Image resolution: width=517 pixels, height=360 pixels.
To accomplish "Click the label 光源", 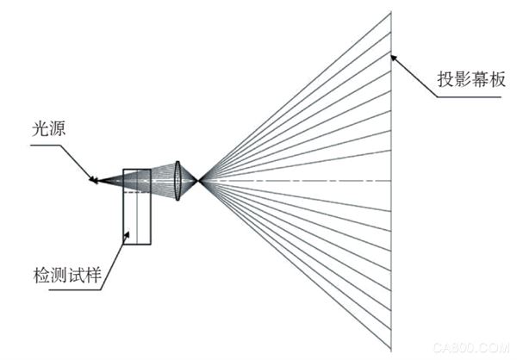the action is point(49,128).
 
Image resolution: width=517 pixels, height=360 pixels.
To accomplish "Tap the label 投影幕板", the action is point(471,79).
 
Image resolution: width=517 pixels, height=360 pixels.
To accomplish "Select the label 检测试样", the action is point(67,275).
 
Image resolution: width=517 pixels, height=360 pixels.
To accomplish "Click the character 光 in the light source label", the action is point(40,128).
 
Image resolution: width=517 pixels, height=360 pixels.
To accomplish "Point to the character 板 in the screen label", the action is point(497,79).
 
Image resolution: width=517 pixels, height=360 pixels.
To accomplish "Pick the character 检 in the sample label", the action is point(41,275).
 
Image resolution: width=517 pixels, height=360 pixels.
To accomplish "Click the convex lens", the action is point(178,181).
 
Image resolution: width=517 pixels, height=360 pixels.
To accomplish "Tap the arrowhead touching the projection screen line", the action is point(395,59).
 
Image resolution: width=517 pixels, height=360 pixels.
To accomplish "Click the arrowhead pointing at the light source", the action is point(93,179).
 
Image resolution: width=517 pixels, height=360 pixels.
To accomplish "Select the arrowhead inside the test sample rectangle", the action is point(127,236).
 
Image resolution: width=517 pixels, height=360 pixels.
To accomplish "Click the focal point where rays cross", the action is point(199,181).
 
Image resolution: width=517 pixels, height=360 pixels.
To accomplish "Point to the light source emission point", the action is point(97,181).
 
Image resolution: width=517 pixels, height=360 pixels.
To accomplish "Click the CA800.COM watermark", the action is point(471,348).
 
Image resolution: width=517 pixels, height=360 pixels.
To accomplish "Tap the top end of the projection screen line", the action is point(391,12).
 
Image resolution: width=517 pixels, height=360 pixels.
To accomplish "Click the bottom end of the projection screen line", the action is point(391,351).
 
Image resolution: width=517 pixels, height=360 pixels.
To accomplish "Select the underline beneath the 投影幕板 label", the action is point(470,97).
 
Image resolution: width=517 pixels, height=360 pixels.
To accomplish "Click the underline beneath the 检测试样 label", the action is point(75,290).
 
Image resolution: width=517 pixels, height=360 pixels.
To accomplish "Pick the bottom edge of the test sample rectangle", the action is point(137,245).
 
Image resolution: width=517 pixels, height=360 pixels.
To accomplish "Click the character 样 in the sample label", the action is point(93,275).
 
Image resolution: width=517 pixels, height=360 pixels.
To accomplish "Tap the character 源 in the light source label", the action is point(58,128).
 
